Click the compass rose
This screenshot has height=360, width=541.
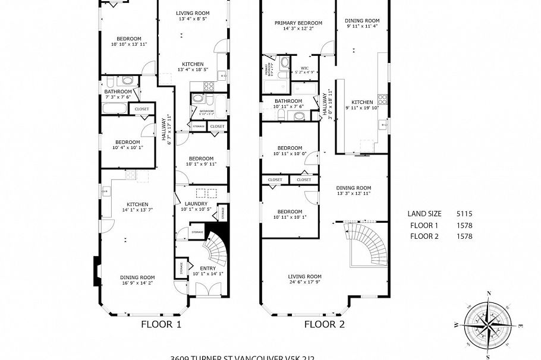tap(487, 324)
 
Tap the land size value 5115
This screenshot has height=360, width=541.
tap(464, 214)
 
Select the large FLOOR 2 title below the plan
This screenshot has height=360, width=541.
tap(325, 324)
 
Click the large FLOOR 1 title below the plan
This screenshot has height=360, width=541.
tap(161, 324)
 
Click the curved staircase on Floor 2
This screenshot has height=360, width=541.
tap(369, 245)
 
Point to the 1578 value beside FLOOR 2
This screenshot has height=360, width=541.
tap(464, 236)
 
